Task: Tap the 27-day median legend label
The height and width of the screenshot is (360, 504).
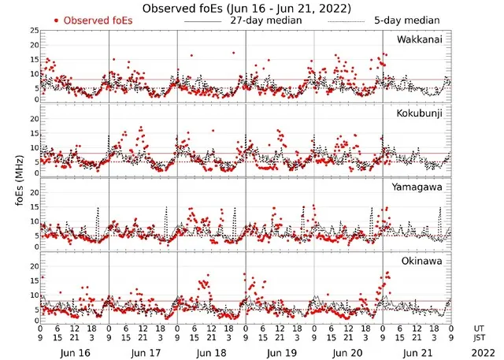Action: tap(269, 20)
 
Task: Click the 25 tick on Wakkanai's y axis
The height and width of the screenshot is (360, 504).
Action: tap(34, 31)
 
